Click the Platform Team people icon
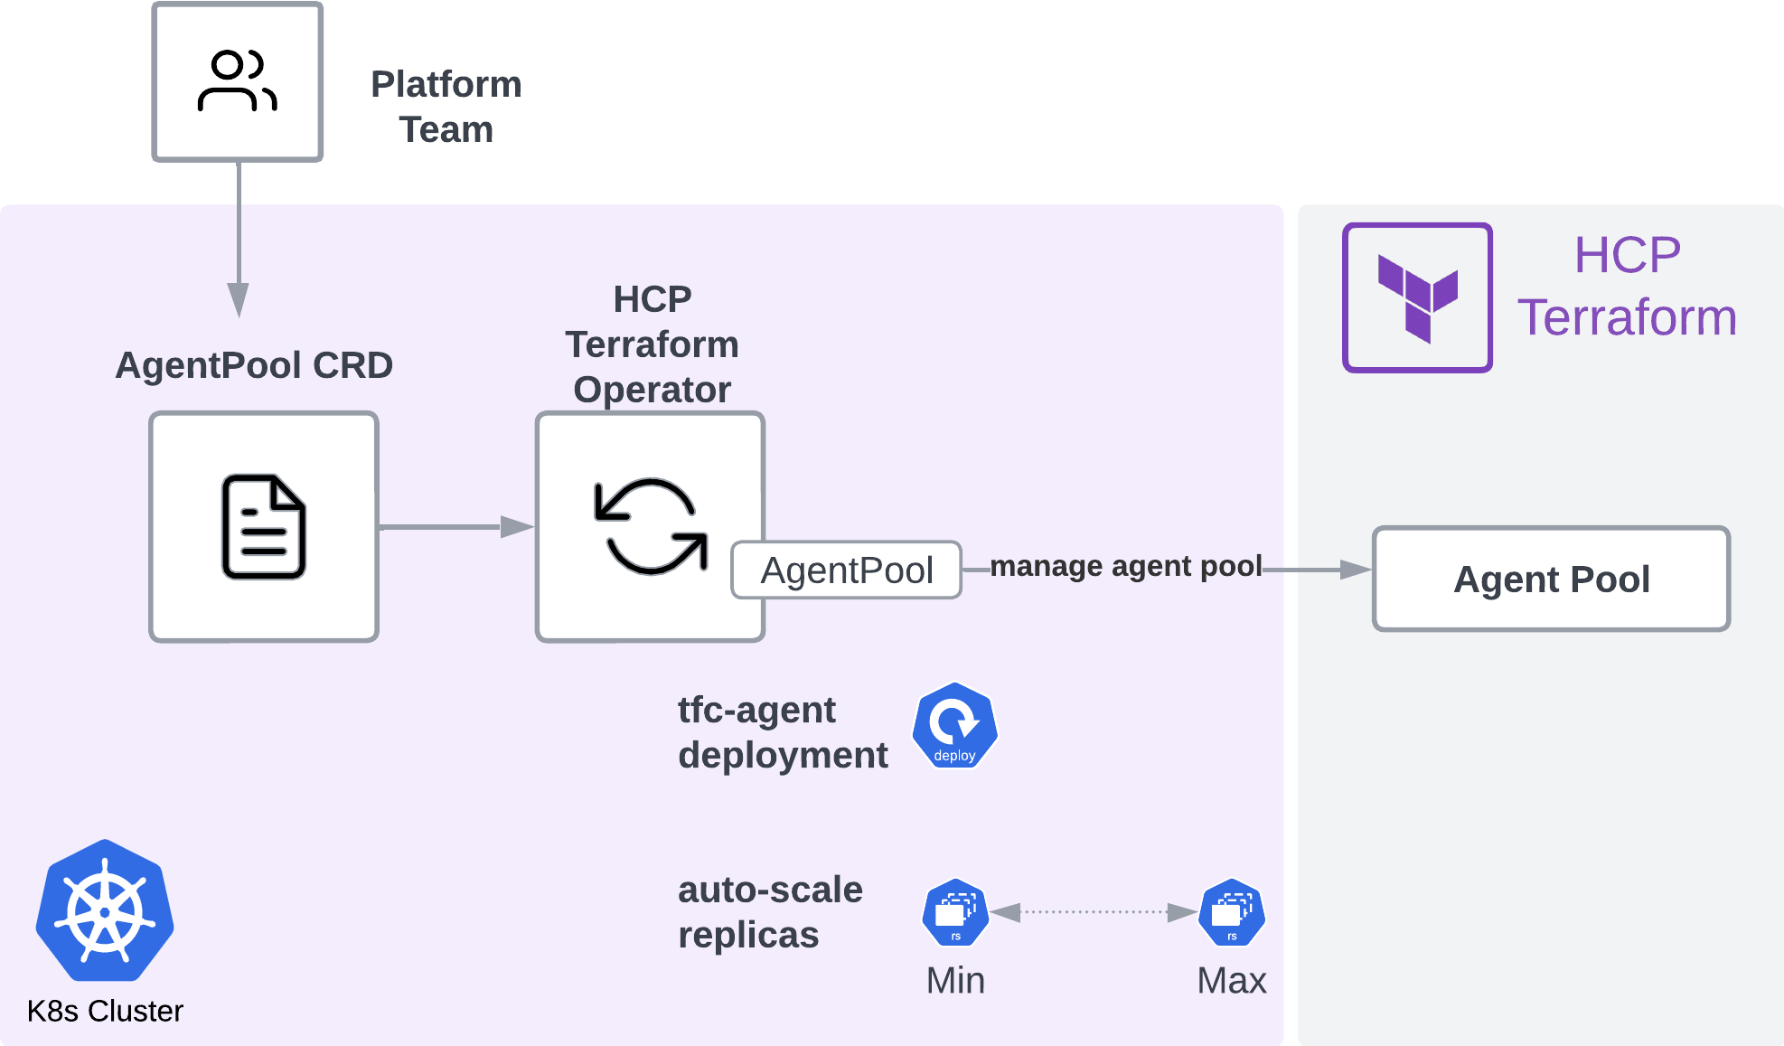[237, 81]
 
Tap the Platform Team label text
[446, 107]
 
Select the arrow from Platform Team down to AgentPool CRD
[239, 244]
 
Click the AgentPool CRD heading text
[254, 365]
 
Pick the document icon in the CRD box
[264, 526]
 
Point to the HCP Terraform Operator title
[652, 344]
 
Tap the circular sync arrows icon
[650, 526]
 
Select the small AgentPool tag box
[846, 570]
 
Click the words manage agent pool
[1125, 566]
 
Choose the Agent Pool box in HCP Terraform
[1551, 579]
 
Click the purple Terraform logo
[1417, 297]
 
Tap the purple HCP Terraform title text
[1627, 286]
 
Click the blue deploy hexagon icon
[954, 727]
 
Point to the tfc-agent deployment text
[783, 732]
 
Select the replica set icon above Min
[955, 912]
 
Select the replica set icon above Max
[1231, 912]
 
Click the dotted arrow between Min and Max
[1094, 912]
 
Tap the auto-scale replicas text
[770, 912]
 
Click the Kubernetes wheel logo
[105, 911]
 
